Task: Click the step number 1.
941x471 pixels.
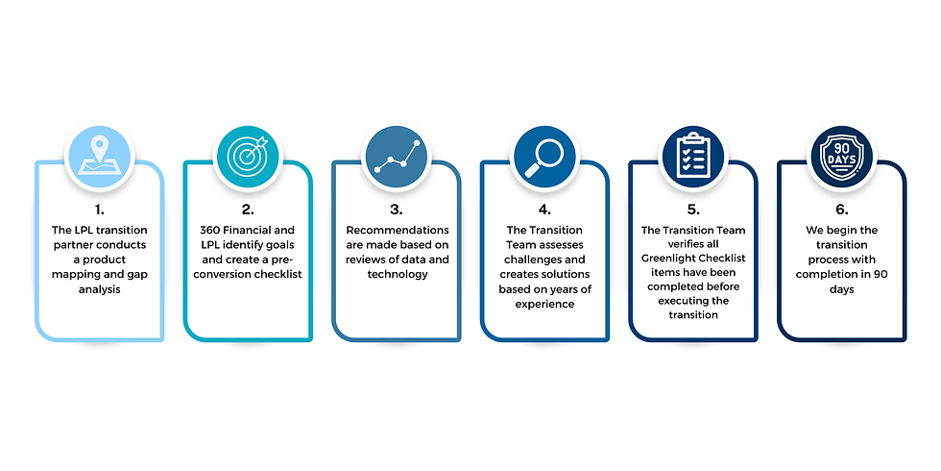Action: click(x=100, y=208)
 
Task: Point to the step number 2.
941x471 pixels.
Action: click(x=248, y=208)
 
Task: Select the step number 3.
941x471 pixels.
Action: click(x=397, y=208)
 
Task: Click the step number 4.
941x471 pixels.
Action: click(x=544, y=208)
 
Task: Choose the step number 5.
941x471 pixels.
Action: click(x=693, y=208)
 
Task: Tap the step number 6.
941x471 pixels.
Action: click(x=841, y=208)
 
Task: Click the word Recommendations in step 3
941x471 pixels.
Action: click(x=397, y=231)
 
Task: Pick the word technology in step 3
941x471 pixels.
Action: click(x=397, y=274)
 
